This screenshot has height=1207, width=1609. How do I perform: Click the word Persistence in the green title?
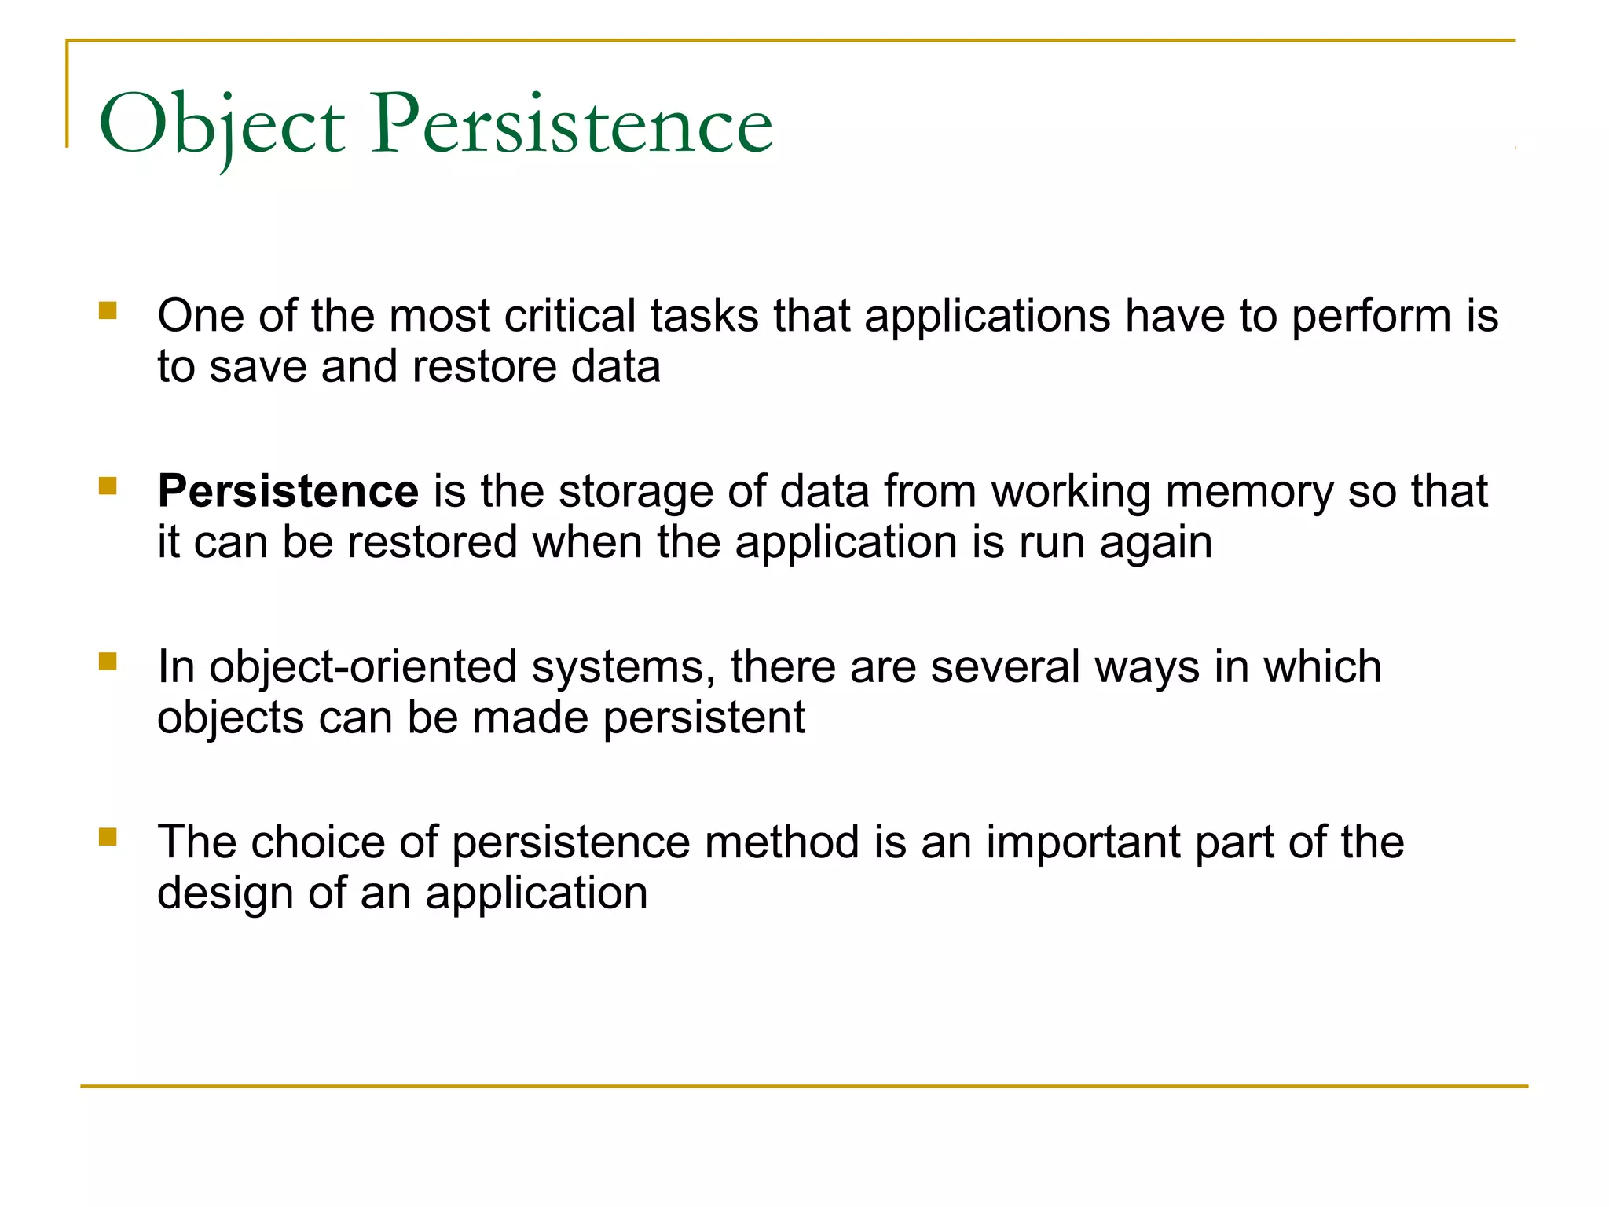[572, 124]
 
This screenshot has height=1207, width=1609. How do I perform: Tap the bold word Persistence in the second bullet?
[288, 491]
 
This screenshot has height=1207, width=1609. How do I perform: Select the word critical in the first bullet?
[570, 316]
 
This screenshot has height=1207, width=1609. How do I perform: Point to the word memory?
[1249, 493]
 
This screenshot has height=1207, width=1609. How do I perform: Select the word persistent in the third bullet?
[704, 718]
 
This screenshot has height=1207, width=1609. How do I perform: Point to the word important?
[1083, 842]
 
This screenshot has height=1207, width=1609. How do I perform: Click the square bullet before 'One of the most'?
[108, 310]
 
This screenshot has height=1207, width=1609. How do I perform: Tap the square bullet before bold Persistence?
[108, 486]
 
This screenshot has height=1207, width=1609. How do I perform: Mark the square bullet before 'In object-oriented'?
[108, 662]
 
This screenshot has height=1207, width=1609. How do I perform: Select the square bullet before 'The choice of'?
[108, 837]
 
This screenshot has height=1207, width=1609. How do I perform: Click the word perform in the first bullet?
[1371, 317]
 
